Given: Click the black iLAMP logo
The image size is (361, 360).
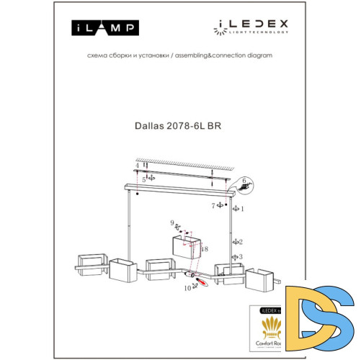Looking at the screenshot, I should (x=105, y=28).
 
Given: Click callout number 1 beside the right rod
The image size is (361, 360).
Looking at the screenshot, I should (x=243, y=209).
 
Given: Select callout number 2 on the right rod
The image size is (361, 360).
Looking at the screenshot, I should (x=241, y=242).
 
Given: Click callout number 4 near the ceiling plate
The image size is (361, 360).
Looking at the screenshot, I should (x=136, y=165).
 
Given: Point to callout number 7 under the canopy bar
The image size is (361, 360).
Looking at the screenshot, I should (x=213, y=207).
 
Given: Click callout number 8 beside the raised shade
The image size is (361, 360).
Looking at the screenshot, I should (x=206, y=248).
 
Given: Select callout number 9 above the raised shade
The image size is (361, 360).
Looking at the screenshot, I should (x=171, y=222).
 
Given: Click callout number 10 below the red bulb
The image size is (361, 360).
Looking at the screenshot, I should (x=186, y=289).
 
